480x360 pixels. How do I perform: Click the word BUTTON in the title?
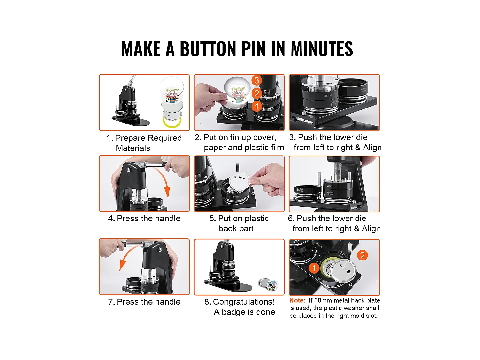[208, 49]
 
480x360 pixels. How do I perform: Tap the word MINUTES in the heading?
[321, 49]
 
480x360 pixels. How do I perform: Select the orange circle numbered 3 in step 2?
[256, 80]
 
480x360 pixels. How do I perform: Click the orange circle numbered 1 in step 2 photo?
[256, 106]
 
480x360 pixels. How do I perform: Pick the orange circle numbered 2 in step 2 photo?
[256, 93]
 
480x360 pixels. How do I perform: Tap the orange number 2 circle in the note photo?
[362, 255]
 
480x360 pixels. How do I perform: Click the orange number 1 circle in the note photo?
[314, 268]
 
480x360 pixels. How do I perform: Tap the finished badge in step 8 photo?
[268, 284]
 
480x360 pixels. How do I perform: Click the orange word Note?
[297, 300]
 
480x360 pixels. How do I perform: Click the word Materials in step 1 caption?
[133, 148]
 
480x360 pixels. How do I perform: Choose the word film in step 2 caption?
[276, 148]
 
